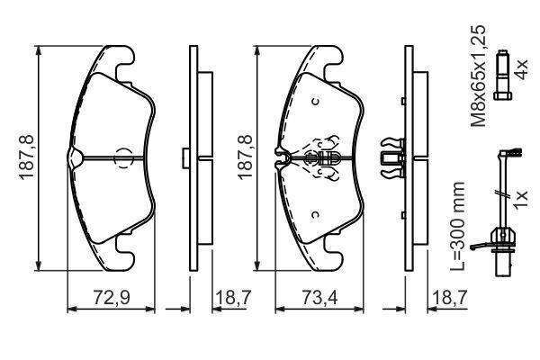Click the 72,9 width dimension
[112, 297]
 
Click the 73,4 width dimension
[319, 297]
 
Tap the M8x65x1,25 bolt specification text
[479, 76]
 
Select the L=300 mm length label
[458, 226]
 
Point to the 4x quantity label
[520, 69]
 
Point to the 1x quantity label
[520, 199]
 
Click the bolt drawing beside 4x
[503, 75]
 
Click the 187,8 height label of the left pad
[26, 157]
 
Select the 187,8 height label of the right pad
[245, 157]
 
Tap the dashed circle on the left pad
[123, 158]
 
